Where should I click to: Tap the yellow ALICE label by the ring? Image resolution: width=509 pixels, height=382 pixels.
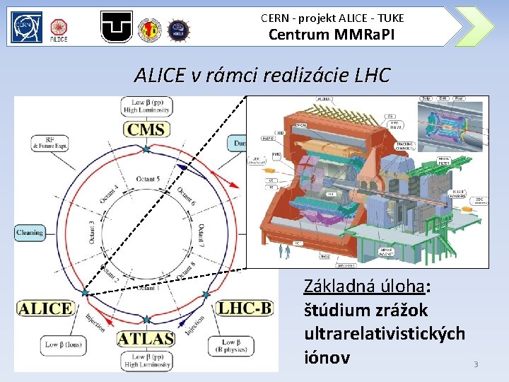tap(45, 308)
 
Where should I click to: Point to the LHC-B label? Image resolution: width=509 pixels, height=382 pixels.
tap(243, 308)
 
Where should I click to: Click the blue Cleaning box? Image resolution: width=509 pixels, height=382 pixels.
tap(29, 232)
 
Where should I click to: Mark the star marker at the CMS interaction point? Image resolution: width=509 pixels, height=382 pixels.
tap(146, 149)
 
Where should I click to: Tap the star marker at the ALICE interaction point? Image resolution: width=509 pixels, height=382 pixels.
tap(84, 291)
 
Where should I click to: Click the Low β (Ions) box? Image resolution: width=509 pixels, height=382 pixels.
tap(62, 345)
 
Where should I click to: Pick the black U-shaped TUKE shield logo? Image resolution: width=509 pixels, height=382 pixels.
tap(117, 27)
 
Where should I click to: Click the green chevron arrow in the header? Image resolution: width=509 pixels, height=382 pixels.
tap(475, 27)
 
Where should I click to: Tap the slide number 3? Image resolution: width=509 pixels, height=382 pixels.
tap(476, 364)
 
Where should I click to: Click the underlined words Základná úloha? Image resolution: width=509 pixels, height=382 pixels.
tap(366, 286)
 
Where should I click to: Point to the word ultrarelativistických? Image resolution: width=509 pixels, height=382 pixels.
tap(384, 333)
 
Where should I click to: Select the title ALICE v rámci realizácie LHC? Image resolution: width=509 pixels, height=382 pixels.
tap(262, 75)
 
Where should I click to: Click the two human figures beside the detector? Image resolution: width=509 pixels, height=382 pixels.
tap(283, 251)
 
